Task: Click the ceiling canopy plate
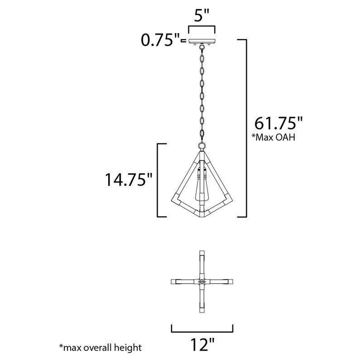[202, 41]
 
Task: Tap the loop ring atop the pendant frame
[201, 146]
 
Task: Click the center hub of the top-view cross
[202, 281]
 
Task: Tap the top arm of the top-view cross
[202, 262]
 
